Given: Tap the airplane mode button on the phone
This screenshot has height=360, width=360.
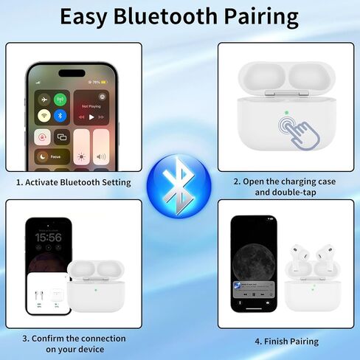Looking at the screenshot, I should (x=44, y=100).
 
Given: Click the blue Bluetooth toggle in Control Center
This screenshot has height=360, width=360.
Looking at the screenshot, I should (x=61, y=116).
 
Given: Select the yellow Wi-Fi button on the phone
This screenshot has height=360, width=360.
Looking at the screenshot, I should (x=44, y=116).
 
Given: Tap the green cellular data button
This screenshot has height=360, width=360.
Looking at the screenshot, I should (x=61, y=100).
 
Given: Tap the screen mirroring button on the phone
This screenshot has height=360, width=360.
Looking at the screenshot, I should (x=62, y=136).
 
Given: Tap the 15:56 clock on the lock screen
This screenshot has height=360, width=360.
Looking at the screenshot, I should (x=48, y=238).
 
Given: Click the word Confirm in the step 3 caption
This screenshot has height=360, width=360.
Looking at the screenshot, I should (x=51, y=338).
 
